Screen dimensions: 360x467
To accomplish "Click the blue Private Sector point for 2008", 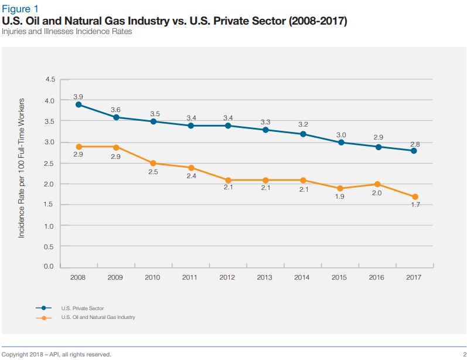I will click(x=78, y=105).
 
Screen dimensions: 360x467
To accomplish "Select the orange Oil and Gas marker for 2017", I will click(x=414, y=197).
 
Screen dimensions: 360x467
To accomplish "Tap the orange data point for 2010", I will click(x=153, y=164).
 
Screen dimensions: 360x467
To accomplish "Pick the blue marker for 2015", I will click(x=340, y=142).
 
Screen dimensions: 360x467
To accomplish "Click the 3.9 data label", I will click(x=78, y=96).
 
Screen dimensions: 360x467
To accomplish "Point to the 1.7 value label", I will click(x=414, y=206).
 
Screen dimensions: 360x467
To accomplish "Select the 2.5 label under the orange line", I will click(x=153, y=172).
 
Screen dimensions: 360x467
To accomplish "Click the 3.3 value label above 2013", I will click(x=265, y=122).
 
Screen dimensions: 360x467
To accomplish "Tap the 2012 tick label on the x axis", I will click(x=227, y=277).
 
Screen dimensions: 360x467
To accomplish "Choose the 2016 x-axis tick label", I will click(x=377, y=277).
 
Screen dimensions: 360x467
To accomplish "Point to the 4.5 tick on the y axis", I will click(x=50, y=80).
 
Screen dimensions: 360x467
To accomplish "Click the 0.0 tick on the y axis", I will click(x=50, y=267).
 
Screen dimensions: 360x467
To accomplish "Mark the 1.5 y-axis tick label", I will click(x=50, y=205).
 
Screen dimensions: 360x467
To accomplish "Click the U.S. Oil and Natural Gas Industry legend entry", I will click(x=97, y=317).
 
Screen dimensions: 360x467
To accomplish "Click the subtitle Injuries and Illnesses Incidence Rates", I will click(x=67, y=32).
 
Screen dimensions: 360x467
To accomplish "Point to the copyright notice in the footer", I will click(x=56, y=354).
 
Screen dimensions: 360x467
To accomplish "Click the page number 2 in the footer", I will click(x=463, y=354).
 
